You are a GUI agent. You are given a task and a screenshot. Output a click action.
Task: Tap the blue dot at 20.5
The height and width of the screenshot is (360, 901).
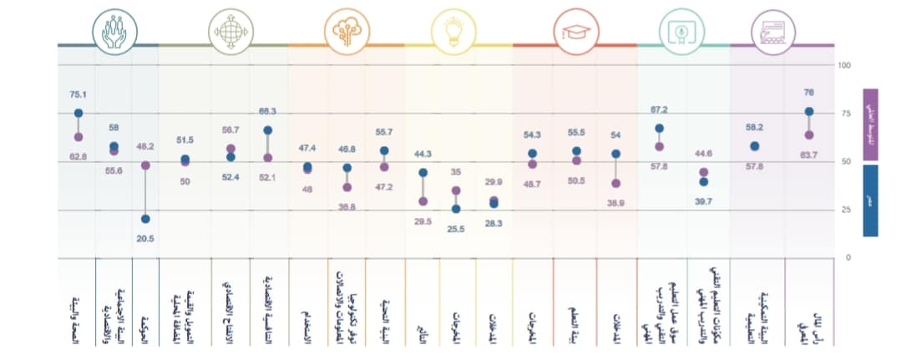[x=146, y=219]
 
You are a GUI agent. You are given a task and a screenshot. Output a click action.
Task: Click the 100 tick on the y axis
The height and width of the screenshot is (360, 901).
[x=844, y=65]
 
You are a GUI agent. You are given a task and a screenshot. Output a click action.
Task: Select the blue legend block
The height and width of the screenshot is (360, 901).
[x=869, y=200]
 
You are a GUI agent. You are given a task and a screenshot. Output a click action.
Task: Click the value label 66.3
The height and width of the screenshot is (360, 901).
[x=267, y=111]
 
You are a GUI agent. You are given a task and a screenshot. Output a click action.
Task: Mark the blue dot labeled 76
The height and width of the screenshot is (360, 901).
[x=809, y=111]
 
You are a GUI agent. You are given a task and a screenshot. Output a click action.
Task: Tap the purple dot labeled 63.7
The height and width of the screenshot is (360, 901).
[x=809, y=134]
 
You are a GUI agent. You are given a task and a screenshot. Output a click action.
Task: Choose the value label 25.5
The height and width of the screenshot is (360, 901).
[x=455, y=229]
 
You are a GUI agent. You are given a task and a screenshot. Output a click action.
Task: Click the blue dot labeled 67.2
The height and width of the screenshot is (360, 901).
[x=660, y=129]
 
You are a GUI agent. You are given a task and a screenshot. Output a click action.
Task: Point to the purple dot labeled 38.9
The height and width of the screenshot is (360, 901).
[x=616, y=183]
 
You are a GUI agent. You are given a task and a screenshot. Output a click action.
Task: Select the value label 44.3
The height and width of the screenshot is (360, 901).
[x=423, y=154]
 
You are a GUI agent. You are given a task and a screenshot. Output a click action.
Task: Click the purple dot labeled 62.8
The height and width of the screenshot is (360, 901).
[x=78, y=136]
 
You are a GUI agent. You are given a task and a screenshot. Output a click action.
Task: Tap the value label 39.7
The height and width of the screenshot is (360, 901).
[x=703, y=201]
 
